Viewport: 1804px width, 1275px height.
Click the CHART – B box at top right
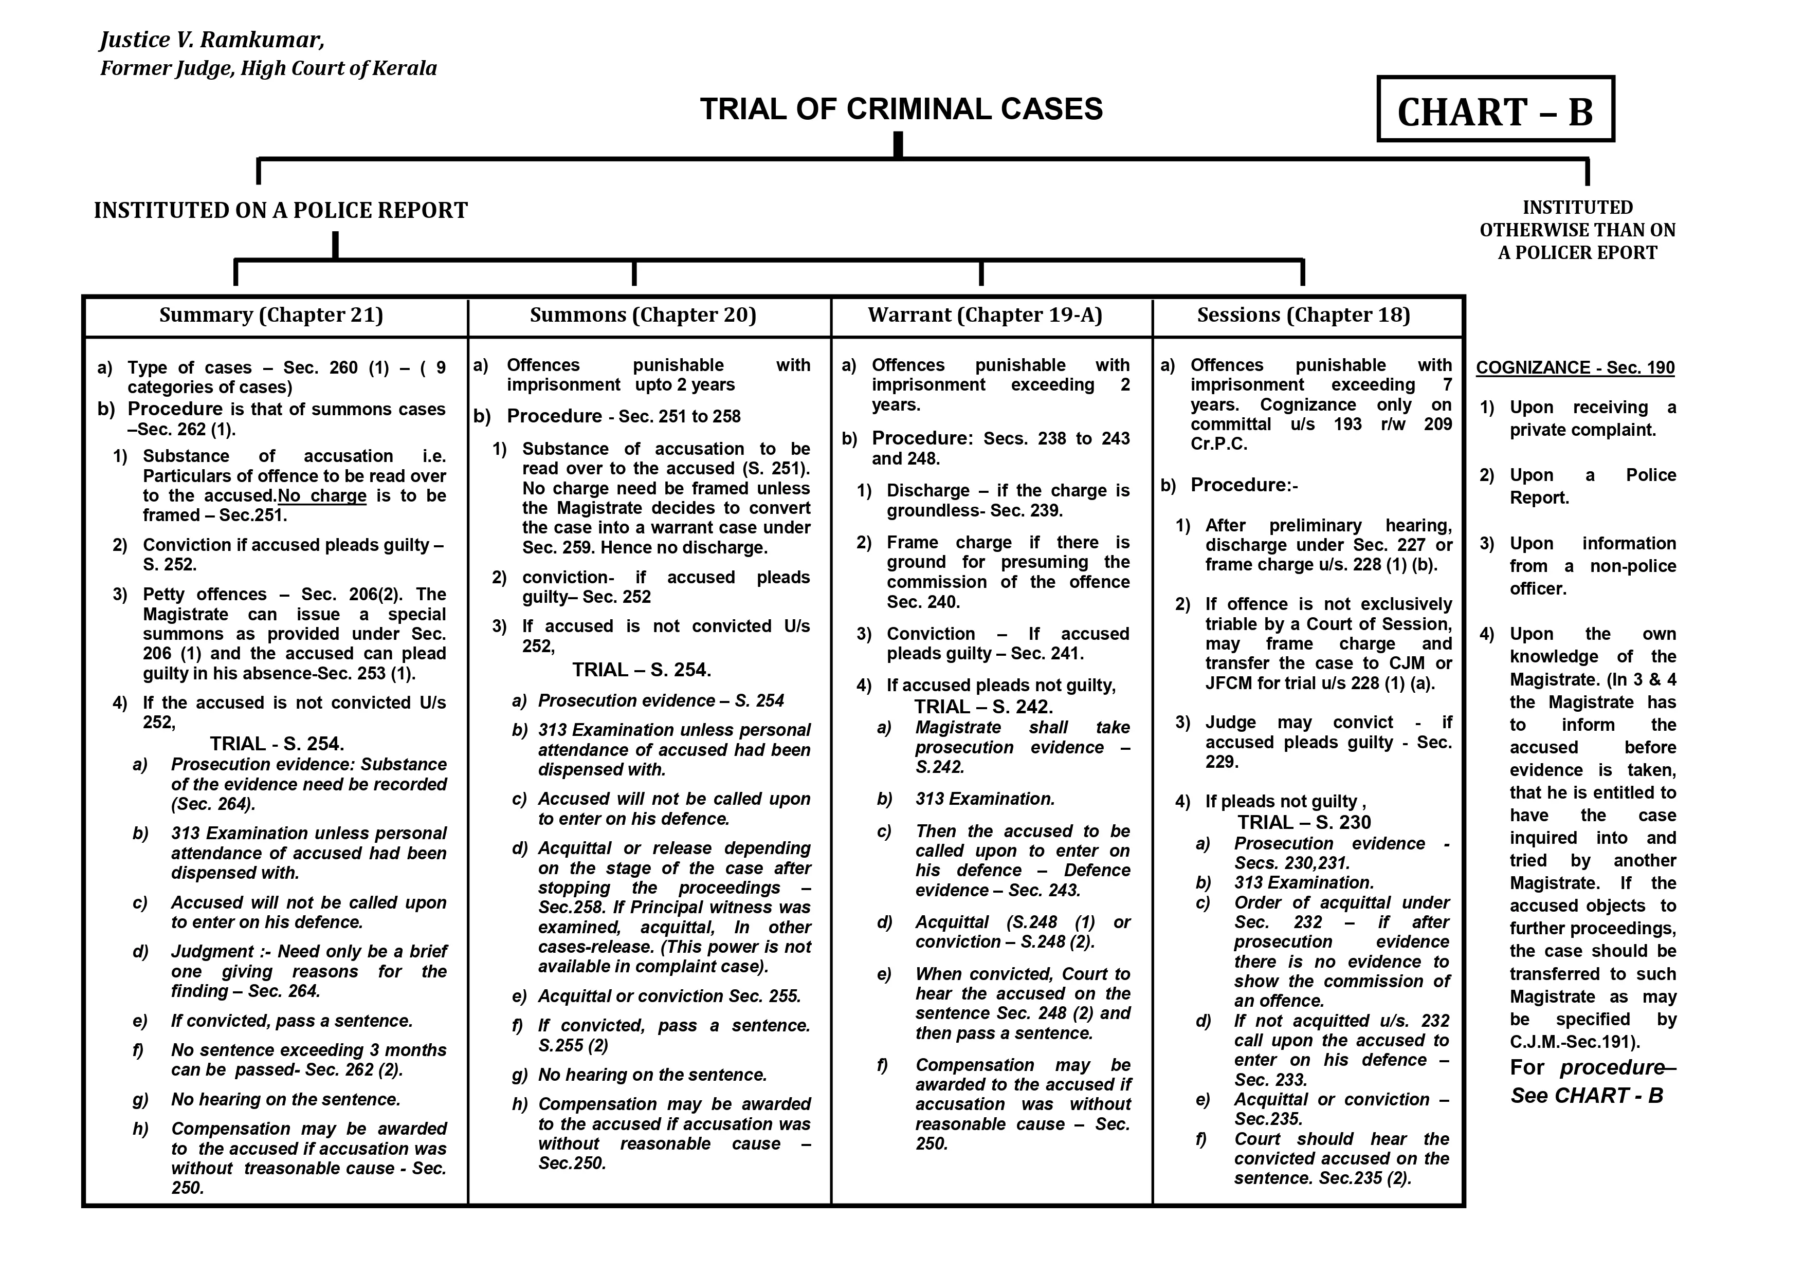[1495, 110]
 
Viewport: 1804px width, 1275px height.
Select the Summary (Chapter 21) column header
[271, 315]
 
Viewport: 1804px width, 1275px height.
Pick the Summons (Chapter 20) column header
[643, 315]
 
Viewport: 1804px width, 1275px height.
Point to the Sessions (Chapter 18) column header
[1303, 315]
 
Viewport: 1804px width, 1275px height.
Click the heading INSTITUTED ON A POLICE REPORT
[281, 211]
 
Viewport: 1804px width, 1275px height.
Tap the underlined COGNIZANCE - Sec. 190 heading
[1575, 367]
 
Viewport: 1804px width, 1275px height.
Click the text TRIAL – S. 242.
[983, 706]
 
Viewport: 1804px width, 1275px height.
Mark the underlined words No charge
[323, 496]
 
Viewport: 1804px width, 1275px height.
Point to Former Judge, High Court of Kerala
[268, 68]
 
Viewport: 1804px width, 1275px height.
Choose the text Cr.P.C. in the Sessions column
[1218, 444]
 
